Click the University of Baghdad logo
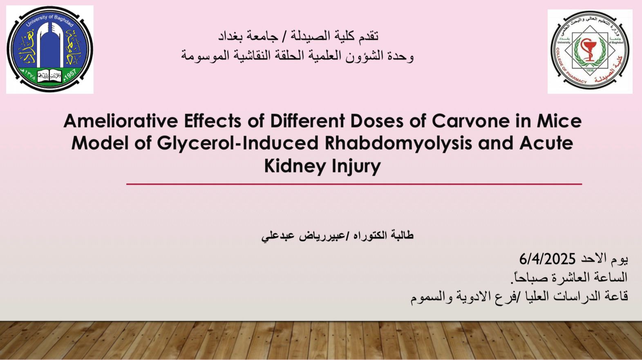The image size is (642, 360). (x=50, y=49)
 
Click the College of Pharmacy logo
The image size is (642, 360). (x=590, y=51)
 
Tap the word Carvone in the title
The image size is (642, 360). (x=470, y=121)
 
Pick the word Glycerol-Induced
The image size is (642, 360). (x=238, y=143)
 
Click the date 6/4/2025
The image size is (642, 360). (x=548, y=259)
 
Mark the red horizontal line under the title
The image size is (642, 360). (x=354, y=184)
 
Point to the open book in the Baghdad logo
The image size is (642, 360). (x=50, y=76)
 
